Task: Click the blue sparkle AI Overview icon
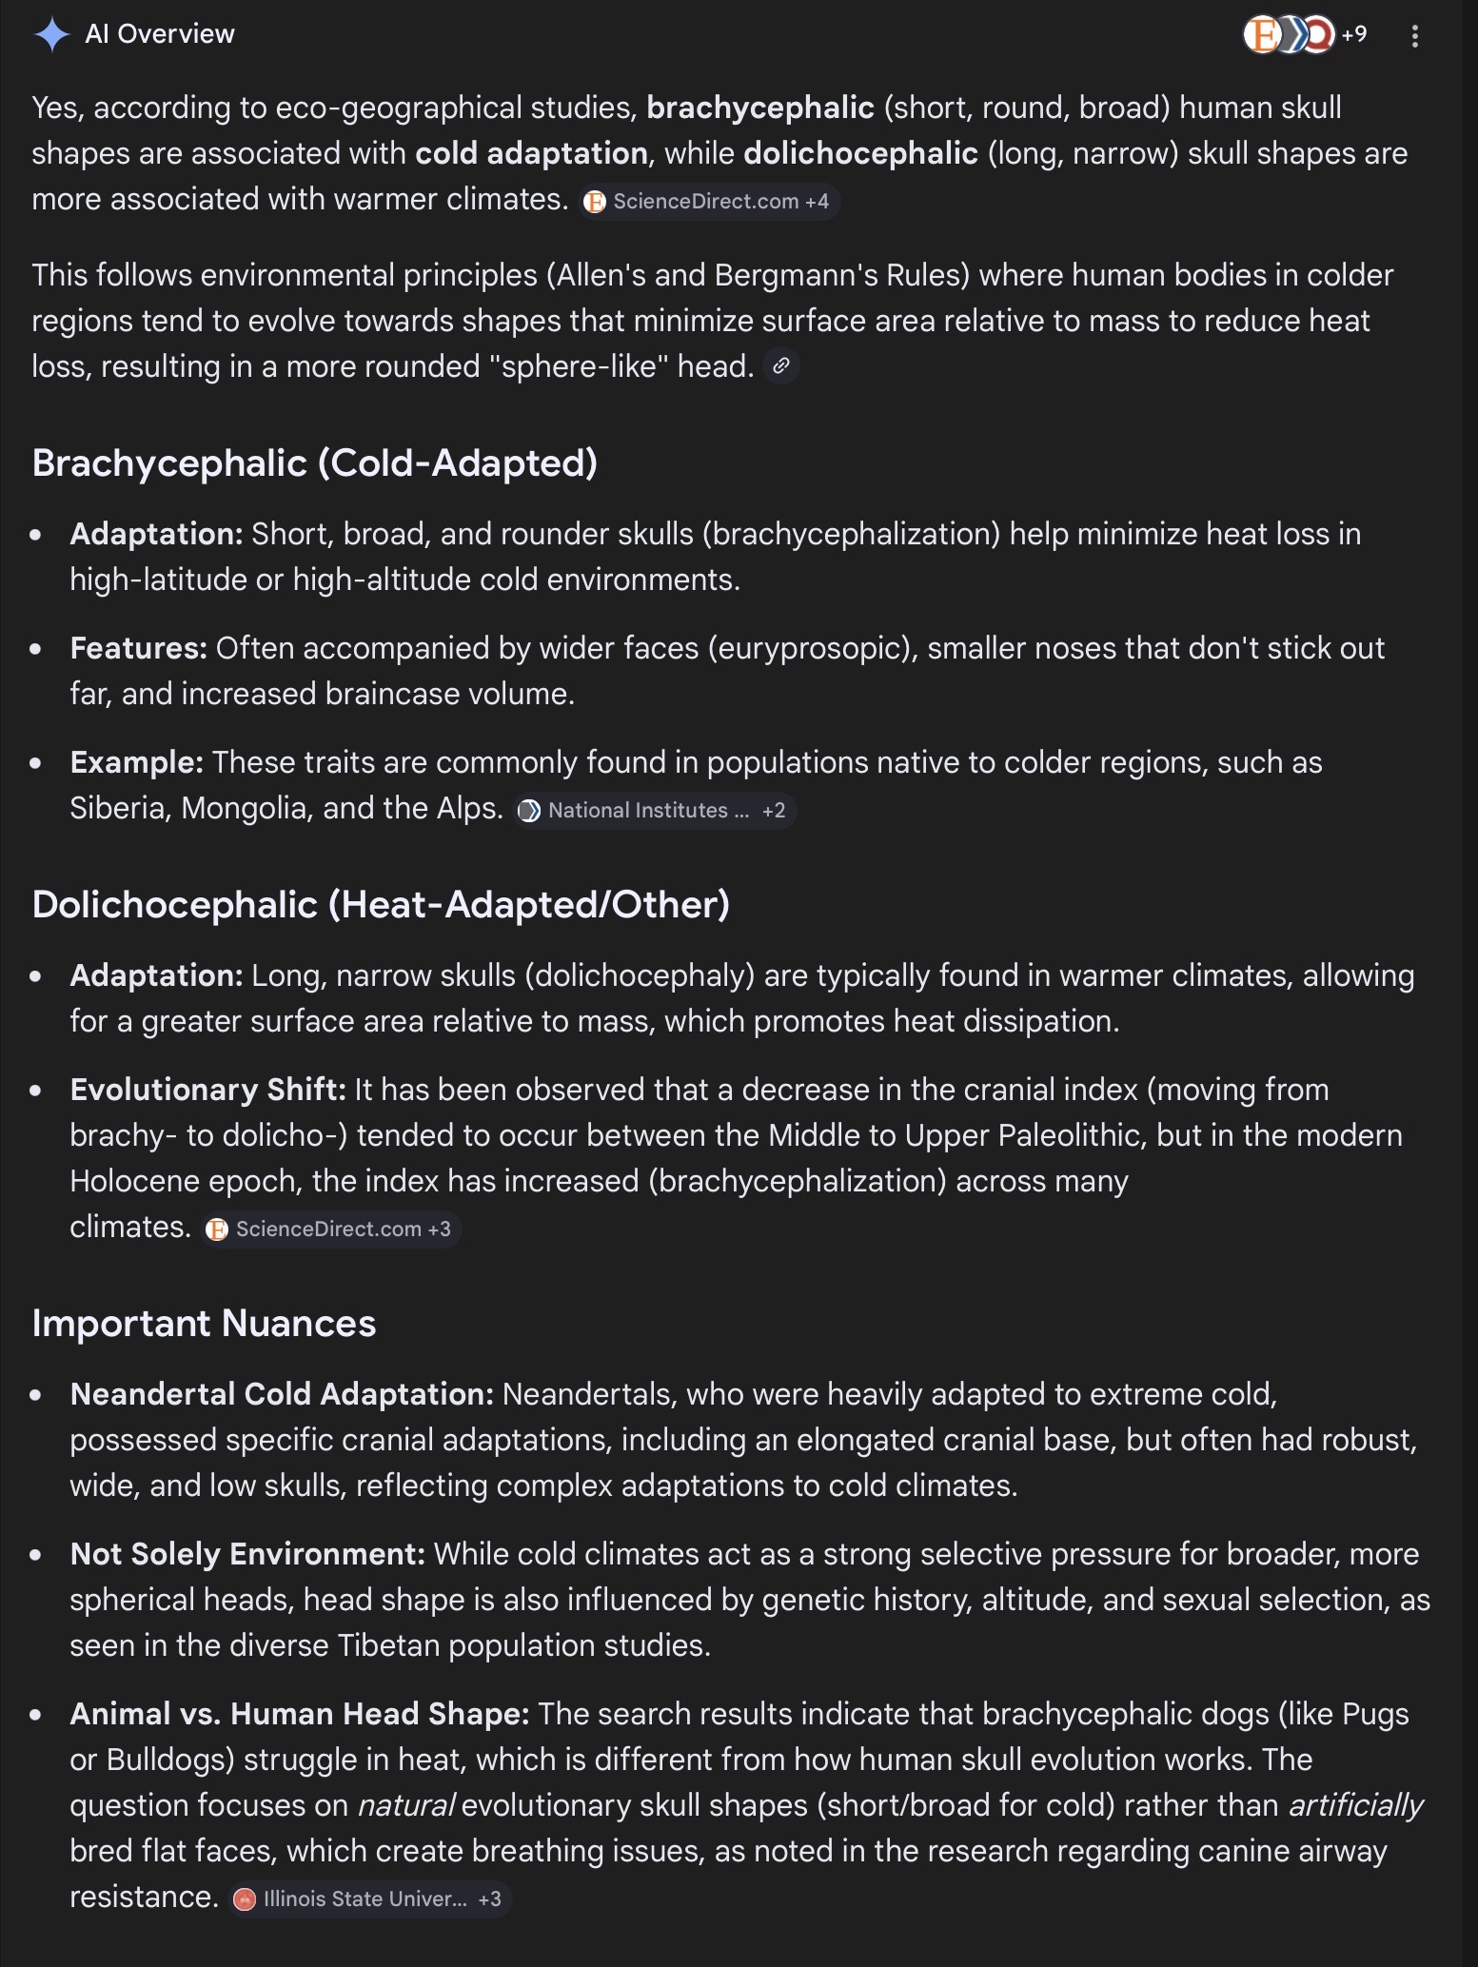[x=51, y=35]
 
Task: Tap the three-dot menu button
[x=1415, y=36]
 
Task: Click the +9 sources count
[x=1353, y=35]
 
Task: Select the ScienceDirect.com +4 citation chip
[x=709, y=202]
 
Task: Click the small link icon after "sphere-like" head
[x=781, y=366]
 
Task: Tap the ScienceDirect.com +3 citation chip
[x=331, y=1229]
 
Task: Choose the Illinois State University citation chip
[x=371, y=1899]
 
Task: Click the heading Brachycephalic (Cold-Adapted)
[x=314, y=463]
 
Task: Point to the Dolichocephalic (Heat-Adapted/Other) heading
[x=381, y=905]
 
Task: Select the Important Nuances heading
[x=204, y=1324]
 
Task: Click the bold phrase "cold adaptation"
[x=531, y=153]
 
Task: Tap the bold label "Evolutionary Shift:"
[x=207, y=1090]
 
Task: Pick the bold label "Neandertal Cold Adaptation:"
[x=282, y=1394]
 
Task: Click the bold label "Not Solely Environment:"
[x=247, y=1554]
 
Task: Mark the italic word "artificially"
[x=1355, y=1805]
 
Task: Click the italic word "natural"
[x=406, y=1805]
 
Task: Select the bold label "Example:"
[x=137, y=762]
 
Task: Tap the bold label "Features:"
[x=139, y=648]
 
